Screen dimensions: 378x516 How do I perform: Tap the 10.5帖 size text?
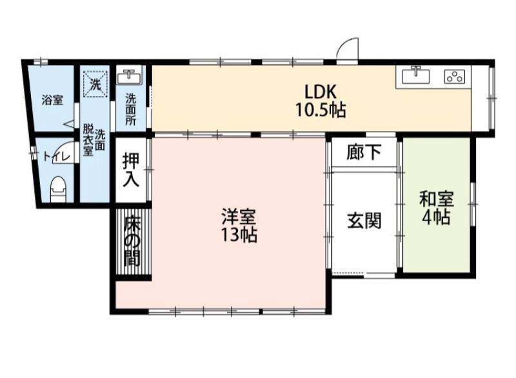[x=321, y=110]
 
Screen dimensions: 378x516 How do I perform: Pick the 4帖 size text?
[x=436, y=218]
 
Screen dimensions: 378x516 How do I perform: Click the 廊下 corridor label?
[x=364, y=154]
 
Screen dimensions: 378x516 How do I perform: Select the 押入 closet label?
[x=131, y=170]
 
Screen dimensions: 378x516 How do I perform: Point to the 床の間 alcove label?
[x=132, y=240]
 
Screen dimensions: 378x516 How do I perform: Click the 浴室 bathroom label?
[x=52, y=100]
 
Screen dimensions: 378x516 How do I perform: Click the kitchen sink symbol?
[x=417, y=75]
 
